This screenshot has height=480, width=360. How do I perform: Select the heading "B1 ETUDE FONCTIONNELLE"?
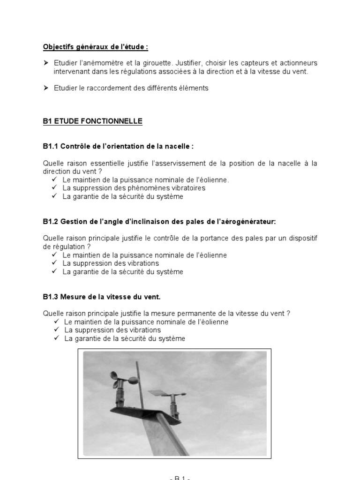coord(92,121)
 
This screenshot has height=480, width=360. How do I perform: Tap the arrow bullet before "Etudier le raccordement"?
coord(46,88)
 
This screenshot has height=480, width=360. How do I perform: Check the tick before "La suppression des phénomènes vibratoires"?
coord(55,188)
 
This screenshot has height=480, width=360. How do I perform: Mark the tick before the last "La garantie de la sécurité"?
coord(57,338)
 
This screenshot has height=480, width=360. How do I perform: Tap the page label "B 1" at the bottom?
coord(180,478)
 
